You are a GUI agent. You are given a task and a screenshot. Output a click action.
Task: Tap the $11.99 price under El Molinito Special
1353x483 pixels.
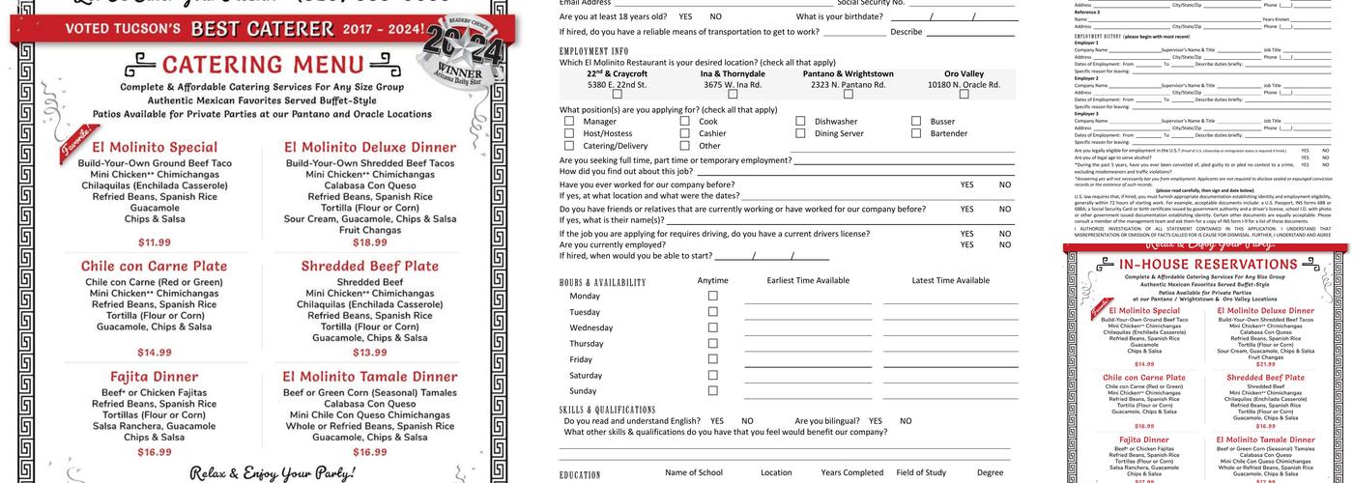click(x=155, y=242)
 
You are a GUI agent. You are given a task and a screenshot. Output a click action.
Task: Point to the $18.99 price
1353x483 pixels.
click(x=370, y=242)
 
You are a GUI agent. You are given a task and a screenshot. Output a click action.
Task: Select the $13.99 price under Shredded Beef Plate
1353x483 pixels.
click(x=370, y=353)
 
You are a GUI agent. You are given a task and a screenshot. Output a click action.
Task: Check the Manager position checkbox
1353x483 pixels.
click(x=569, y=122)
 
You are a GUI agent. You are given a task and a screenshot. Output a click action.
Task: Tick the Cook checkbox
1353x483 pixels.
click(x=685, y=122)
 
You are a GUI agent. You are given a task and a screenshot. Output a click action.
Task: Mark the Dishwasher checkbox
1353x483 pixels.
click(x=800, y=122)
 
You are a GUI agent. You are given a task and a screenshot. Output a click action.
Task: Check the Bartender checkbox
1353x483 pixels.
click(x=916, y=134)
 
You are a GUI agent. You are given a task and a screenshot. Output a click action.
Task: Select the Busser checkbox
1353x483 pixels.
click(x=916, y=122)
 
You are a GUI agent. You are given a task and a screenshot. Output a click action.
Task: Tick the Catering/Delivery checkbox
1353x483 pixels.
click(x=569, y=146)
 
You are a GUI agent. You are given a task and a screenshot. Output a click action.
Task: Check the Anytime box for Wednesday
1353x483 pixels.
click(x=713, y=327)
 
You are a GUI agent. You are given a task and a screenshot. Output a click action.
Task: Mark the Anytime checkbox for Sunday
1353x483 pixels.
click(x=713, y=390)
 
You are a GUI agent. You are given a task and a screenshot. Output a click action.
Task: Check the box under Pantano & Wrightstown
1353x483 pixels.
click(x=848, y=94)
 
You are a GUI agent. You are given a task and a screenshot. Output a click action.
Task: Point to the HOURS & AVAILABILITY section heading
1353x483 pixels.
click(x=602, y=282)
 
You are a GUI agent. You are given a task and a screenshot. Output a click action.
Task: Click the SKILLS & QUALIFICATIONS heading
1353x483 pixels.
click(x=607, y=410)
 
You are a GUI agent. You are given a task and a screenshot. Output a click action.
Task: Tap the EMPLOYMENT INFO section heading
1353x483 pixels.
click(x=593, y=50)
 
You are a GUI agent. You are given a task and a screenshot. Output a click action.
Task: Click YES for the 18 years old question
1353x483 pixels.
click(x=685, y=16)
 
